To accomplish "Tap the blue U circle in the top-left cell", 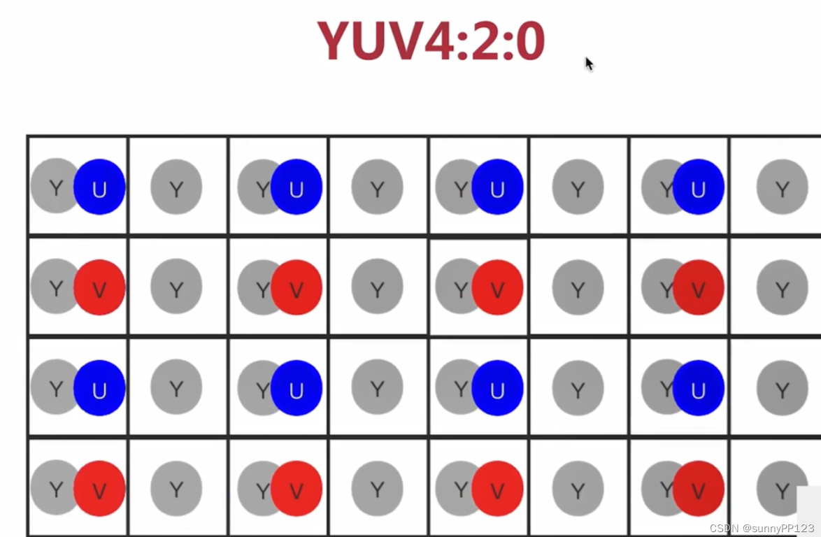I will (99, 187).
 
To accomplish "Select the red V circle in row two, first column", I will (99, 287).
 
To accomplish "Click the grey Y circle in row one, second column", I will (176, 187).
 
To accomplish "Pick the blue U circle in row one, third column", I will (297, 187).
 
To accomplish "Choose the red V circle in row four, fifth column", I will (497, 489).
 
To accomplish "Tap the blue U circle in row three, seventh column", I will (698, 388).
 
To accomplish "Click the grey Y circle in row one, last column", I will (782, 187).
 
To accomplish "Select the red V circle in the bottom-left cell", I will (99, 489).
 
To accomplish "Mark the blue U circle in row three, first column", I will (99, 388).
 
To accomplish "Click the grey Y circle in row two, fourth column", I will (377, 287).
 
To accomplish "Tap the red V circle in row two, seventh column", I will (698, 287).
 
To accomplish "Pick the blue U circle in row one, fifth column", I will (497, 187).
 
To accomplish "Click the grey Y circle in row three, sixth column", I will (578, 388).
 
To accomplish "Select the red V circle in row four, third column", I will (297, 489).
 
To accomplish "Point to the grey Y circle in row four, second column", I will (176, 489).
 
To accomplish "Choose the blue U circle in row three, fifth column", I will (497, 388).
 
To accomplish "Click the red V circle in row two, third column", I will (297, 287).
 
